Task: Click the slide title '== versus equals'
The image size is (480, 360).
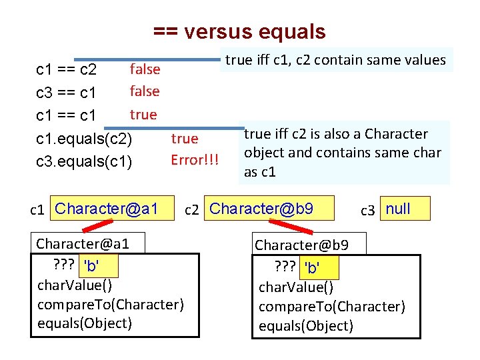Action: pos(239,31)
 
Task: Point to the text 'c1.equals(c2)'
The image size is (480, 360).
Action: pos(84,139)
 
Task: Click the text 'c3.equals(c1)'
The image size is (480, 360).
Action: pos(84,162)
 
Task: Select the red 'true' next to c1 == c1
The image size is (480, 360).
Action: pos(143,114)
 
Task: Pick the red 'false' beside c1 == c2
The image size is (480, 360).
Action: pos(145,69)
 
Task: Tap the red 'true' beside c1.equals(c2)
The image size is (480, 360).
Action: pos(185,139)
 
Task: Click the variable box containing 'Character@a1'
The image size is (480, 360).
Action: pos(107,209)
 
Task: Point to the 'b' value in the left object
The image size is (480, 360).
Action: pos(90,267)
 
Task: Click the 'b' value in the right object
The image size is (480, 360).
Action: pos(311,268)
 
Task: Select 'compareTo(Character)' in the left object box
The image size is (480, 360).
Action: pos(111,305)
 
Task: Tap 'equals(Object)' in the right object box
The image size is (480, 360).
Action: pos(306,326)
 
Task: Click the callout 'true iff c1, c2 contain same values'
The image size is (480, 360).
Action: pos(335,60)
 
